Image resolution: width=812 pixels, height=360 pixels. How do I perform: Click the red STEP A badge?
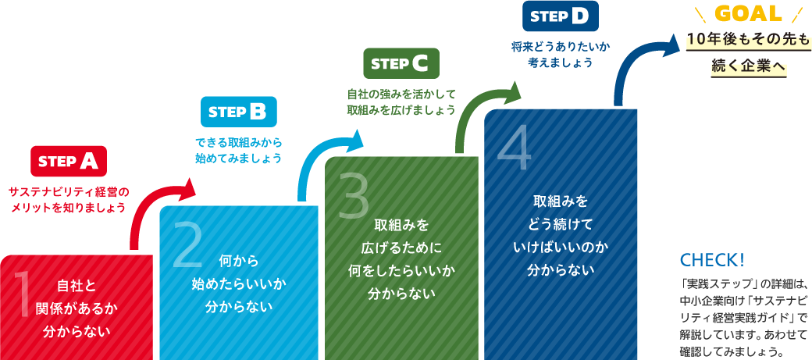coord(69,162)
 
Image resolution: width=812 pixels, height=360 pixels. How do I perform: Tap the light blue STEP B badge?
coord(239,112)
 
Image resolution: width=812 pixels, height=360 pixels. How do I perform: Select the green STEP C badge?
coord(401,63)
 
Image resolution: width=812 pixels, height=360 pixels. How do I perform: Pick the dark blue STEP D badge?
coord(561,16)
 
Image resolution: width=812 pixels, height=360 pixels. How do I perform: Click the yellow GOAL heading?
coord(748,14)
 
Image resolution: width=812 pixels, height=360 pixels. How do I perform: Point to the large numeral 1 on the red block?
coord(21,294)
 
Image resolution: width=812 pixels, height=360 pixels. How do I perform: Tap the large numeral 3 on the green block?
coord(353,195)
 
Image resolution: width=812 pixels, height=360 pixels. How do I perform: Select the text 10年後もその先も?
coord(748,41)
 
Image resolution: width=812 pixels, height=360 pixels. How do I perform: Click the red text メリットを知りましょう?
coord(68,209)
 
